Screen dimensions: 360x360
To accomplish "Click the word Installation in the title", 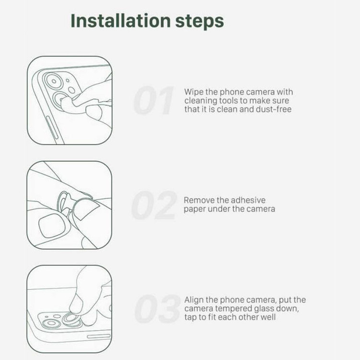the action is click(x=121, y=21).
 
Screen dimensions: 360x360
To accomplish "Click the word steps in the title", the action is click(x=200, y=22).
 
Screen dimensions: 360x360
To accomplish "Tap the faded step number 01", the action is click(x=154, y=100).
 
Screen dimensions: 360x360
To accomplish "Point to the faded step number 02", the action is click(x=154, y=205).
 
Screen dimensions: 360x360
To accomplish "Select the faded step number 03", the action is click(x=157, y=309).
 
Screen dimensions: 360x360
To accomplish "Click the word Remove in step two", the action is click(x=199, y=200).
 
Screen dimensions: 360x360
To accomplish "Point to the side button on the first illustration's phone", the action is click(x=52, y=128).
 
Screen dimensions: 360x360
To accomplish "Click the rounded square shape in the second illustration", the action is click(x=52, y=226).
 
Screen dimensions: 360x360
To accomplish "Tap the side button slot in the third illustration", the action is click(x=99, y=336).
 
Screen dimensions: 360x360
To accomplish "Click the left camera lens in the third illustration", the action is click(x=51, y=323).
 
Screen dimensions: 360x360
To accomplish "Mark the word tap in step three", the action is click(x=191, y=318).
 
